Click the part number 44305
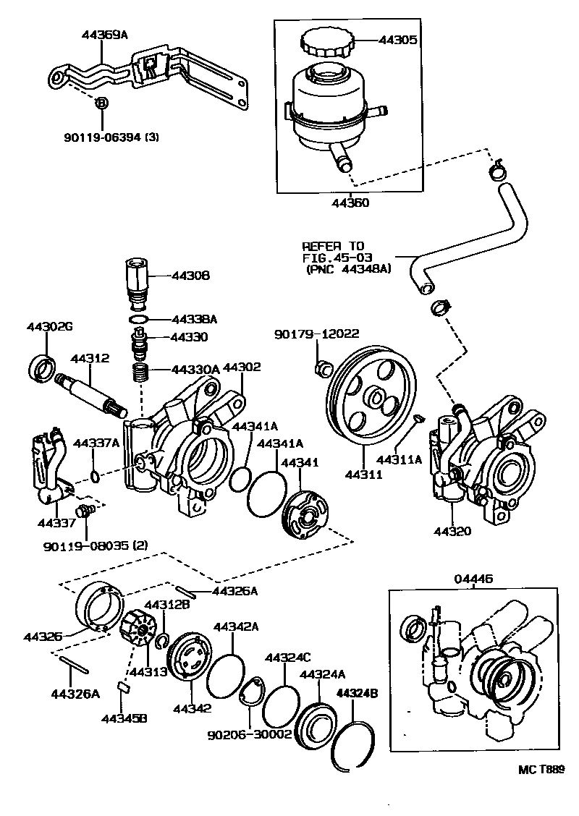coord(397,41)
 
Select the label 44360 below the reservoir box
coord(350,203)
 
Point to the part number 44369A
coord(105,33)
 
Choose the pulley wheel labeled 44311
coord(369,404)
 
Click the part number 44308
coord(190,276)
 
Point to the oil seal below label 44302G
coord(42,367)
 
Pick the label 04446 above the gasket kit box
coord(473,578)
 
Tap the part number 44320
coord(452,532)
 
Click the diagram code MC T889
coord(540,770)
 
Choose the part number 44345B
coord(124,718)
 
